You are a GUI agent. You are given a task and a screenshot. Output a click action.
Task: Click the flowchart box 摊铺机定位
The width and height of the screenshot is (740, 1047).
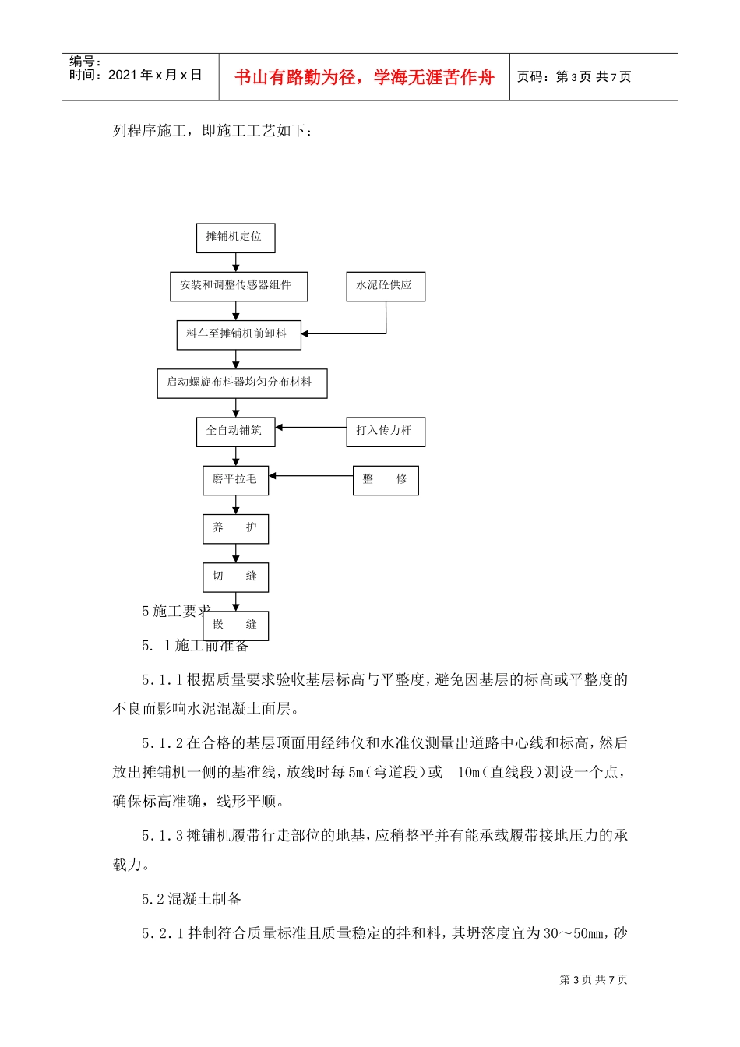pyautogui.click(x=235, y=238)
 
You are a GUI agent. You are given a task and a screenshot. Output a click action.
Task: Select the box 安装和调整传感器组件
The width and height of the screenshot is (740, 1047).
pyautogui.click(x=238, y=286)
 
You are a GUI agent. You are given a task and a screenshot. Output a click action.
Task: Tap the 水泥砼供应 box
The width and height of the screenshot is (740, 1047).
pyautogui.click(x=385, y=286)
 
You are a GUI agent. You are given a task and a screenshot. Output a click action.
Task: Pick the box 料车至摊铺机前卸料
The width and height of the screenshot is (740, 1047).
pyautogui.click(x=238, y=334)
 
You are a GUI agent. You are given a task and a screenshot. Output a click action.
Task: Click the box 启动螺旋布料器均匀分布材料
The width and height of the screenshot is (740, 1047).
pyautogui.click(x=241, y=383)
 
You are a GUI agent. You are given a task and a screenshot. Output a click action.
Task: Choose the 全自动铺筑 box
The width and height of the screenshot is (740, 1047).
pyautogui.click(x=235, y=432)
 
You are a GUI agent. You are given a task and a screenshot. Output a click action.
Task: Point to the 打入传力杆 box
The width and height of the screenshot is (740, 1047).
pyautogui.click(x=385, y=432)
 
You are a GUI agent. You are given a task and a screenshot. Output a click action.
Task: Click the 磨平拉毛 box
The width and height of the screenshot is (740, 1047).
pyautogui.click(x=235, y=480)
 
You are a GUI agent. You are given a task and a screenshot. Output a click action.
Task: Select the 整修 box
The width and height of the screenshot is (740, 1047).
pyautogui.click(x=385, y=480)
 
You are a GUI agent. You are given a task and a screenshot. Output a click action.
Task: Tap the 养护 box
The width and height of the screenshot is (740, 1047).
pyautogui.click(x=235, y=528)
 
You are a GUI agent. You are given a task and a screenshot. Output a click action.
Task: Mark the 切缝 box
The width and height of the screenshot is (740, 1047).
pyautogui.click(x=235, y=577)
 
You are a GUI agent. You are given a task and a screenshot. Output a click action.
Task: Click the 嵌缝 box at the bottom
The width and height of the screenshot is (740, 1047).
pyautogui.click(x=235, y=625)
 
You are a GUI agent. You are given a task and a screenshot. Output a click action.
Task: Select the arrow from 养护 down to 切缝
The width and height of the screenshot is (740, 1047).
pyautogui.click(x=236, y=553)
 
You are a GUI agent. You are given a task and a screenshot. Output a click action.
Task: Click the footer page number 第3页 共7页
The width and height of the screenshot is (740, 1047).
pyautogui.click(x=593, y=980)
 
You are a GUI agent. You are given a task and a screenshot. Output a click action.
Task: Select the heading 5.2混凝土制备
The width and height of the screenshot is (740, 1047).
pyautogui.click(x=192, y=899)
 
